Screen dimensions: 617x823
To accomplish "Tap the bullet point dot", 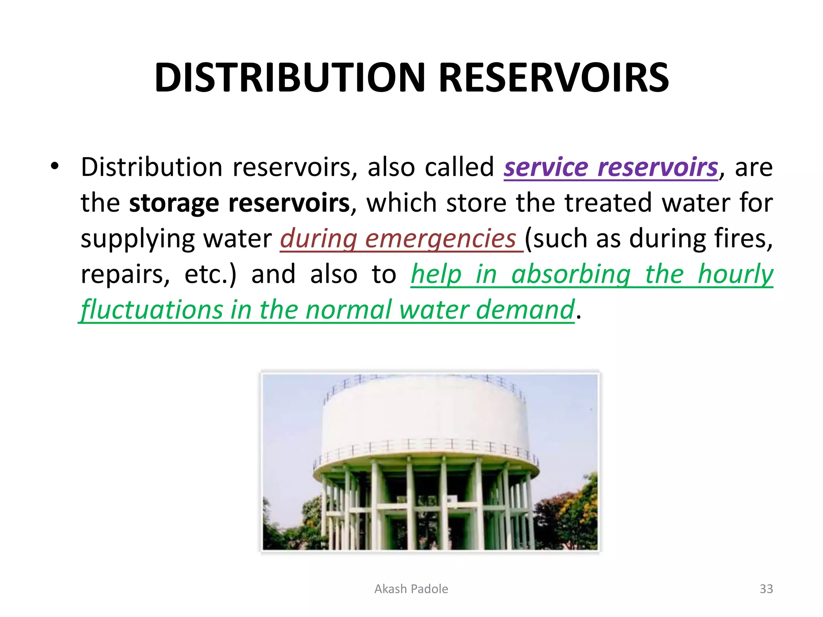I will tap(55, 165).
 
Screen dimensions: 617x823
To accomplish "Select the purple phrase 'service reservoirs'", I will tap(611, 167).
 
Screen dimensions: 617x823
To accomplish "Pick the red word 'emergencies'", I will tap(440, 239).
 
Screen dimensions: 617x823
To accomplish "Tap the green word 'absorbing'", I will tap(571, 274).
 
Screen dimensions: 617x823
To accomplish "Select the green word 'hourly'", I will tap(735, 274).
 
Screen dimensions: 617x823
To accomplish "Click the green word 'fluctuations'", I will tap(152, 310).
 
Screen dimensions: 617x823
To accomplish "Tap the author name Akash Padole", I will tap(411, 589).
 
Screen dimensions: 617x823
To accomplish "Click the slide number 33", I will tap(766, 589).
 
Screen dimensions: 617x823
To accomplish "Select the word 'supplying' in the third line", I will tap(137, 239).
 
